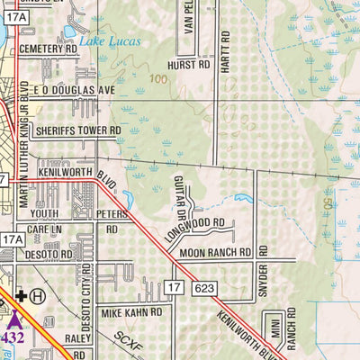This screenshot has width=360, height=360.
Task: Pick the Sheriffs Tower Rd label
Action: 76,130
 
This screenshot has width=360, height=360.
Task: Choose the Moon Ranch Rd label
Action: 215,254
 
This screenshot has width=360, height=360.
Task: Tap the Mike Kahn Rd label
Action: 131,312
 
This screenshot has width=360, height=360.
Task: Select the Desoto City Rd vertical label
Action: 87,292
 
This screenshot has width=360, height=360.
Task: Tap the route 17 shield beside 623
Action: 174,287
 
